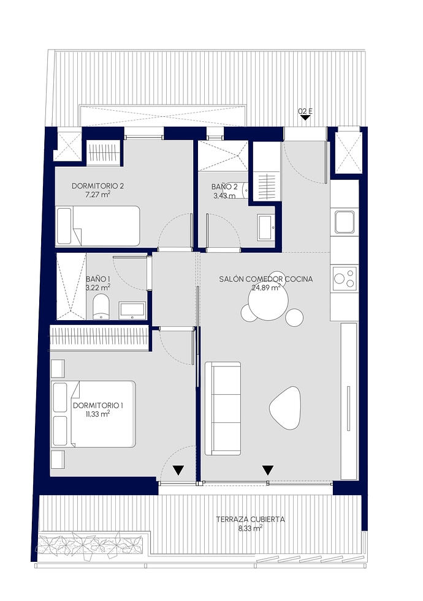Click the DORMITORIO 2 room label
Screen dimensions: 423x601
[97, 186]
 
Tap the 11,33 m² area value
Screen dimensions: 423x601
[97, 413]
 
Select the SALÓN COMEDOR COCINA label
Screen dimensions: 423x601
[265, 279]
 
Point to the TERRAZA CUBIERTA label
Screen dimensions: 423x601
[250, 520]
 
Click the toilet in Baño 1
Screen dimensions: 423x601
[101, 307]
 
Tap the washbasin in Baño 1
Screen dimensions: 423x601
[132, 310]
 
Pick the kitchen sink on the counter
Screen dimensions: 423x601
[345, 222]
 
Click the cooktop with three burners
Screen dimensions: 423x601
[345, 278]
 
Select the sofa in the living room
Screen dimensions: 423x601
[223, 408]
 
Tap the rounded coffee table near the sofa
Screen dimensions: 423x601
[285, 408]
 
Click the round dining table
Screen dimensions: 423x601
[269, 302]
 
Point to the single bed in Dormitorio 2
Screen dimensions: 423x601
[97, 226]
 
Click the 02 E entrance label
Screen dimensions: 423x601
[305, 111]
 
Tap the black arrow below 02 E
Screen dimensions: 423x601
[305, 118]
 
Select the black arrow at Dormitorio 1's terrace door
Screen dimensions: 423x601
[178, 470]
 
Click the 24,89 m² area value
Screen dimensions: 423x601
[265, 288]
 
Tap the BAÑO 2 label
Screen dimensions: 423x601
[224, 187]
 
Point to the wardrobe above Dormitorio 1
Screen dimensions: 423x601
[99, 338]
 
